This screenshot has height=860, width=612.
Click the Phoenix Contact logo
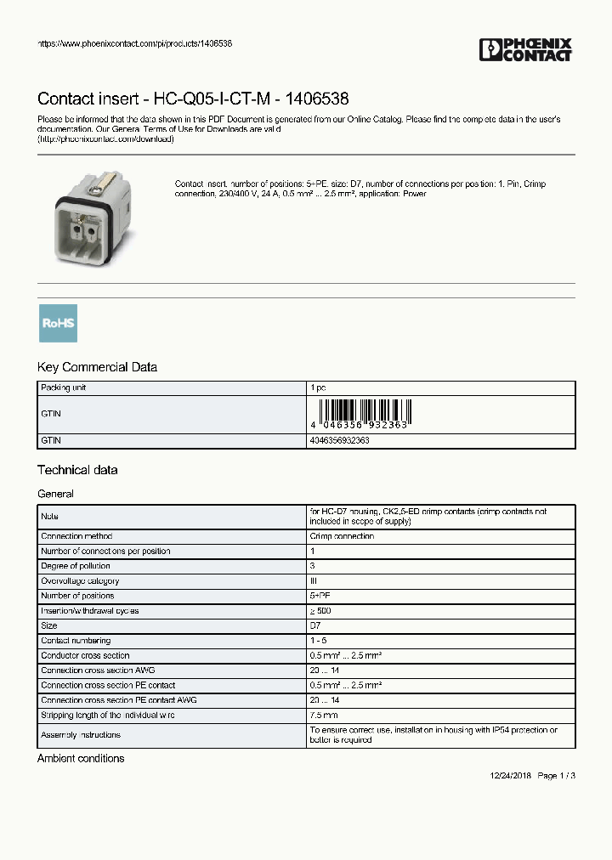[x=526, y=50]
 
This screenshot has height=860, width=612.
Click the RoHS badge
[x=58, y=323]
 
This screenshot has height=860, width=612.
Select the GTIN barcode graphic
[x=360, y=412]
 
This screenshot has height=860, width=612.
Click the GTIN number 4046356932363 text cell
[x=339, y=441]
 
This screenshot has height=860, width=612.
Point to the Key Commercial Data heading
[x=97, y=367]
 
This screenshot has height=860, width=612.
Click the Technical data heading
[x=77, y=470]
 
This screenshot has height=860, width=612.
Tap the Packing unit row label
[x=64, y=388]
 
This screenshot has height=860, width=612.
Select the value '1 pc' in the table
[x=318, y=388]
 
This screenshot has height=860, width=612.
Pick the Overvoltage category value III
[x=313, y=581]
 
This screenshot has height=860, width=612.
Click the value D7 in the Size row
[x=314, y=625]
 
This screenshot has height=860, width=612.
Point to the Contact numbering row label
[x=76, y=641]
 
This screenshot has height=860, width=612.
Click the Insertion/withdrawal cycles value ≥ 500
[x=321, y=611]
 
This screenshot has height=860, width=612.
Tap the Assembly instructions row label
[x=81, y=734]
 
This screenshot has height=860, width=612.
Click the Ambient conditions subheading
[x=81, y=758]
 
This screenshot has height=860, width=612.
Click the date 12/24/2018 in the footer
[x=509, y=776]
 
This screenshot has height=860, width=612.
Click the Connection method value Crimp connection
[x=341, y=536]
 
